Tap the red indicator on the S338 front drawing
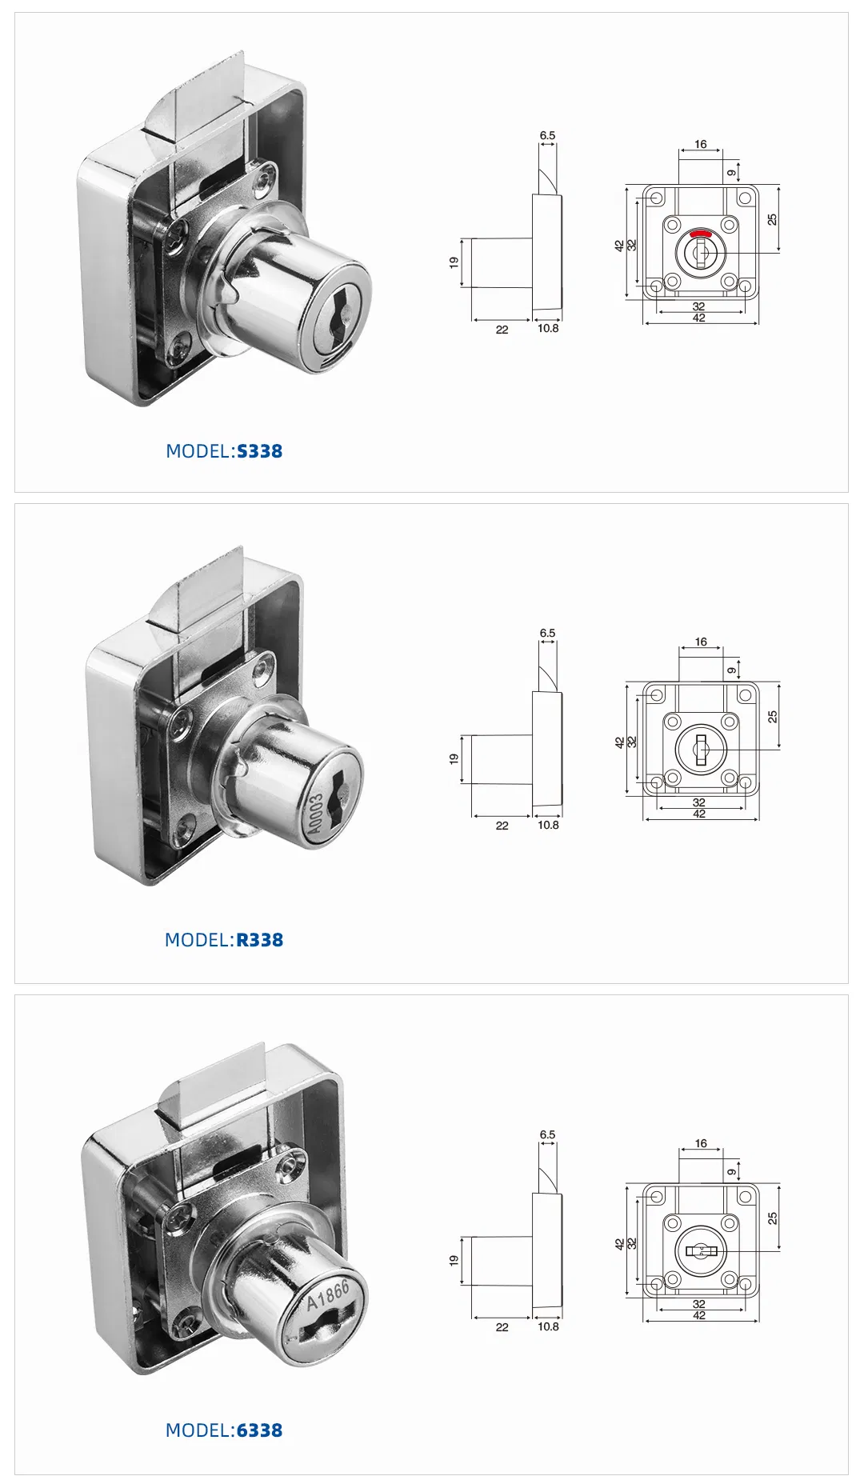tap(701, 234)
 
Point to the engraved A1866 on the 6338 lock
tap(329, 1295)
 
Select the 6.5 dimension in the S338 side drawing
tap(547, 135)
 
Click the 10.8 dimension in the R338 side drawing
tap(548, 825)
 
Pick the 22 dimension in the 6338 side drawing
tap(502, 1327)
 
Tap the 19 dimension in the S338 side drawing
tap(454, 262)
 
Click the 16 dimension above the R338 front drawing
tap(701, 642)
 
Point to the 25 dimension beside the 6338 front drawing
tap(772, 1218)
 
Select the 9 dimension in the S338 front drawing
tap(731, 173)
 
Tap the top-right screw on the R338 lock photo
tap(261, 671)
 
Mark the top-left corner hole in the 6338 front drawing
tap(656, 1197)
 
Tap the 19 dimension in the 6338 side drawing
tap(454, 1260)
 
